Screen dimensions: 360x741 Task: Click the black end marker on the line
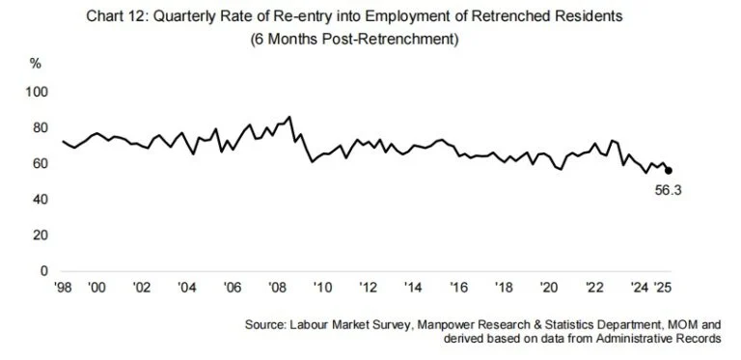(669, 170)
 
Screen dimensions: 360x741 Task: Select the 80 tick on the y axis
(41, 127)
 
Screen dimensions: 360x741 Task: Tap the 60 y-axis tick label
(41, 164)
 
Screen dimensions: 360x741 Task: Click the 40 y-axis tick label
(41, 200)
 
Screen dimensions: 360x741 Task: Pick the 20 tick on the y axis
(41, 235)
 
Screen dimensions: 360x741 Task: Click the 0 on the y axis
(43, 271)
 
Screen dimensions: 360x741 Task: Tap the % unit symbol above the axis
(37, 63)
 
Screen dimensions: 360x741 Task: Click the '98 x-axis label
(64, 288)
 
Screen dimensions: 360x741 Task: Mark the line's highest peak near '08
(290, 117)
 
